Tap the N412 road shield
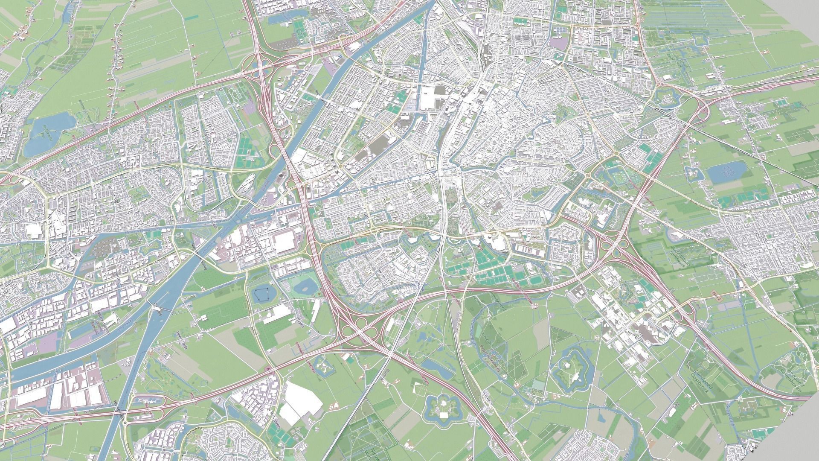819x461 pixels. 717,295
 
